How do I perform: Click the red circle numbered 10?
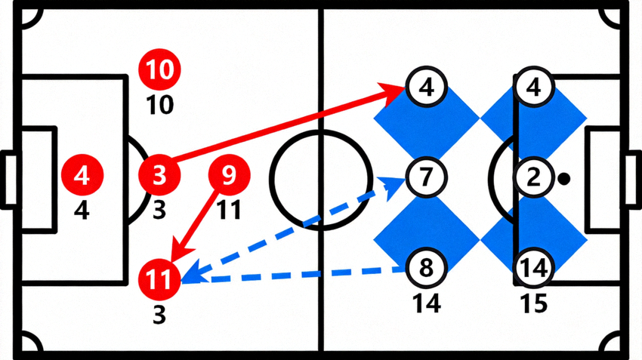159,69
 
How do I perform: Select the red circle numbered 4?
82,175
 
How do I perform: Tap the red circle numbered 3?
159,175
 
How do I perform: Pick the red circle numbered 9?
229,175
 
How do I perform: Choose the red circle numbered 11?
159,280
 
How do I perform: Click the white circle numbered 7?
426,177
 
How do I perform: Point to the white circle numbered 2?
533,177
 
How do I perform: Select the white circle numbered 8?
426,268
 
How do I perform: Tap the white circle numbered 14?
533,268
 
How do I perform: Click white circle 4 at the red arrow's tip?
426,87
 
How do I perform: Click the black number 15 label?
534,303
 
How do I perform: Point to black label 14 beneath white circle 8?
426,303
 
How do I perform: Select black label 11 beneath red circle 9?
229,211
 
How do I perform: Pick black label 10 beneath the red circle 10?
159,105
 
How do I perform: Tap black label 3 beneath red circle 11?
159,315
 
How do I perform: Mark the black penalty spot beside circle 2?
564,179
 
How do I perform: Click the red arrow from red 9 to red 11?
193,226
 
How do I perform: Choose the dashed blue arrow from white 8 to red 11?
293,275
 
